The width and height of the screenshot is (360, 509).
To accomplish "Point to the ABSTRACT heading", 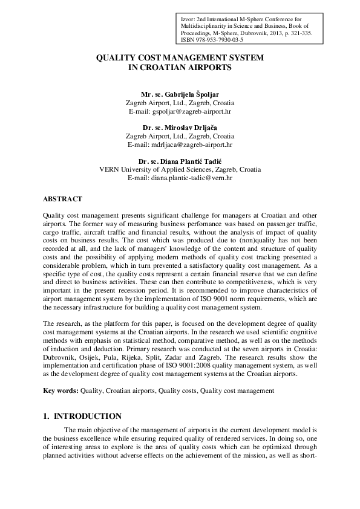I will click(63, 198).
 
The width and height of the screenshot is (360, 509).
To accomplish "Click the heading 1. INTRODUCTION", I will click(82, 417).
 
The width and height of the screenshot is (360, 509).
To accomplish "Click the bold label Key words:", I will click(61, 392).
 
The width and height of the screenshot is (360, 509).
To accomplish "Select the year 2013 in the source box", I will click(281, 34).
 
